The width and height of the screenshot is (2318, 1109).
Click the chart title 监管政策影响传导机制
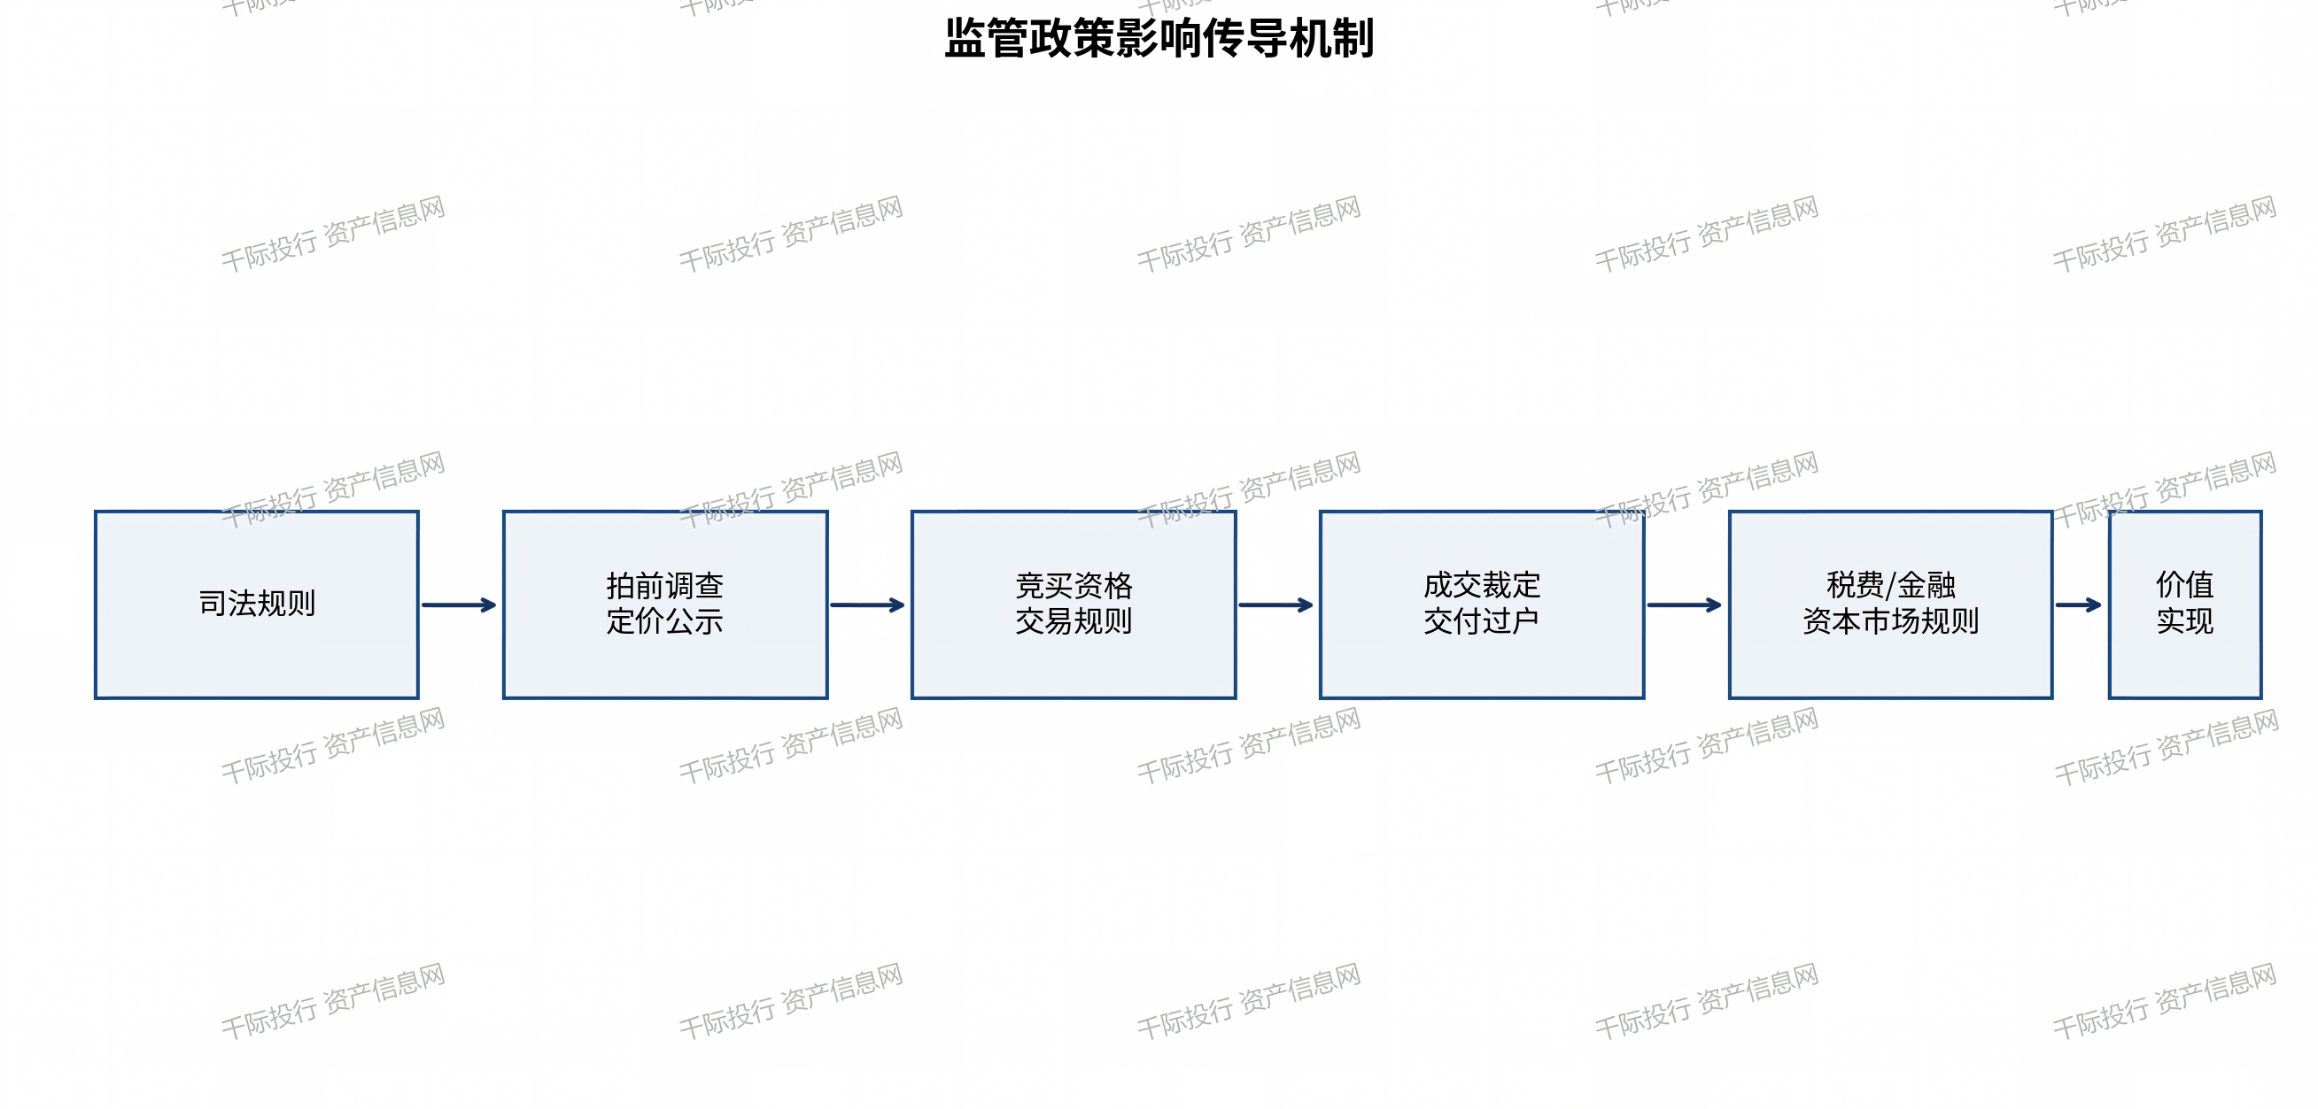coord(1159,39)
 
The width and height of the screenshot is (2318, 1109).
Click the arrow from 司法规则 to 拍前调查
coord(460,605)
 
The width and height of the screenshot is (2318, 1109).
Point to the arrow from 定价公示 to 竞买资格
coord(868,605)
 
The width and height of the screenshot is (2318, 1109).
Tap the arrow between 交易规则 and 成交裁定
coord(1277,605)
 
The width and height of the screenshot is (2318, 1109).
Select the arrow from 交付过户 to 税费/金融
coord(1686,605)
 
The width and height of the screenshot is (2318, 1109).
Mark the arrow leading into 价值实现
coord(2080,605)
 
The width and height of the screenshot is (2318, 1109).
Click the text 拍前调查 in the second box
coord(665,586)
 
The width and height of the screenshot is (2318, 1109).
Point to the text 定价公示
coord(665,621)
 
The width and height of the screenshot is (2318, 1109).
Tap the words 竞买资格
coord(1074,586)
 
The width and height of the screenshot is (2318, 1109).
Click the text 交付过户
coord(1482,621)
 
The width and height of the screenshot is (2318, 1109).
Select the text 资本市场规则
coord(1890,621)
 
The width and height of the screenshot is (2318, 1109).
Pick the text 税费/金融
coord(1890,586)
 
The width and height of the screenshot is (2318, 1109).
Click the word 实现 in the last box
coord(2185,621)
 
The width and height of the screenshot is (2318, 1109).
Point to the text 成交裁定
coord(1482,586)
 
